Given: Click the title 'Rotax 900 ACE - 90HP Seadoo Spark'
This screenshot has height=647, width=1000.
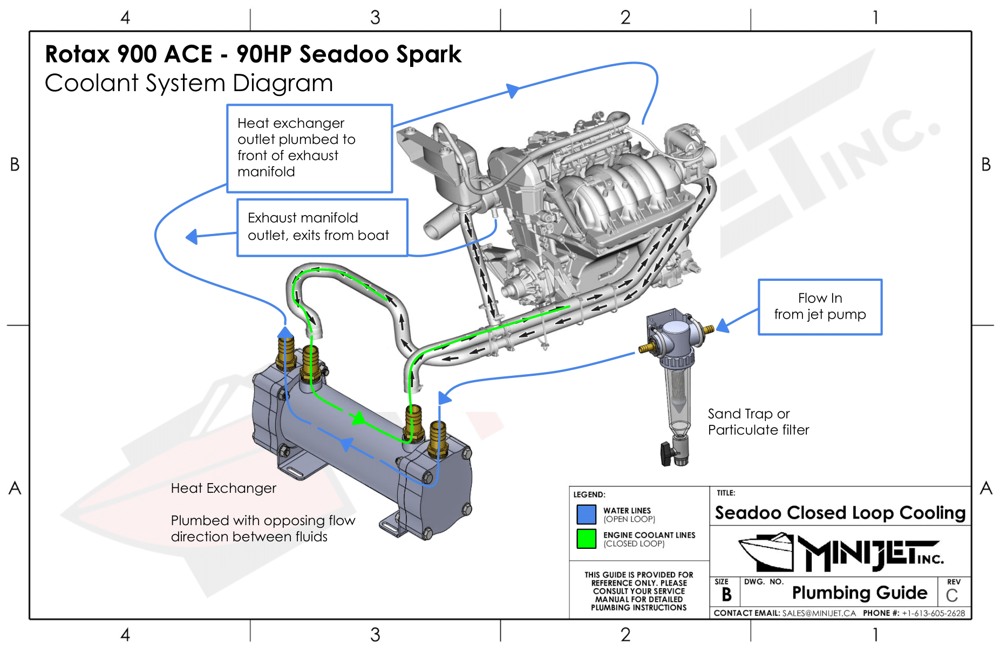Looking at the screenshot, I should click(x=253, y=54).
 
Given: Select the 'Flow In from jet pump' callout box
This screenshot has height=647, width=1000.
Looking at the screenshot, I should click(x=819, y=307).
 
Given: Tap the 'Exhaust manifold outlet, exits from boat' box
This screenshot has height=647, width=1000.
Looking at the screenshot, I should click(x=322, y=227).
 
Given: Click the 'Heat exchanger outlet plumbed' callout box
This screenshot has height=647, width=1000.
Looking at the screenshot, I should click(x=309, y=148).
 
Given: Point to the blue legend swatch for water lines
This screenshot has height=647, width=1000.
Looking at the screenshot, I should click(x=586, y=514).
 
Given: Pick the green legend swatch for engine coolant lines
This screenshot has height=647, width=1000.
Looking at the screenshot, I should click(x=586, y=539).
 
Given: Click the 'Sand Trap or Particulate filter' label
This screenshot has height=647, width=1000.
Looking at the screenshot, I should click(x=758, y=422).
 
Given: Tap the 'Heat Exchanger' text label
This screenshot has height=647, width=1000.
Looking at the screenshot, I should click(x=223, y=488).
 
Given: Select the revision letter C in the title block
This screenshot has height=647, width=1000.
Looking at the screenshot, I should click(x=951, y=595).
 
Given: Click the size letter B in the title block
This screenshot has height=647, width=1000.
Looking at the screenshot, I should click(x=726, y=594).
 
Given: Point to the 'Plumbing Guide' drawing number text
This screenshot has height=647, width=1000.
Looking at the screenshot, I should click(x=859, y=593).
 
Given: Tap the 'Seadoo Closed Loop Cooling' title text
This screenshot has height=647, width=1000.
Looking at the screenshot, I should click(x=840, y=513).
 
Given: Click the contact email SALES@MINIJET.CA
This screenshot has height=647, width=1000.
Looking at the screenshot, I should click(x=819, y=613).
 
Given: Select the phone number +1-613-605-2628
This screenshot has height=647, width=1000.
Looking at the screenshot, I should click(x=933, y=613).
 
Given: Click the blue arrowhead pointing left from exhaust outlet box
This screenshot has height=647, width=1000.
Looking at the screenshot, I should click(x=192, y=236).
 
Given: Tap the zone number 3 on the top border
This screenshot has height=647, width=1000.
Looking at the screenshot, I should click(x=375, y=17).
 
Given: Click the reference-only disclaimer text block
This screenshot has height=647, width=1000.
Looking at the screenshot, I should click(x=638, y=591).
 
